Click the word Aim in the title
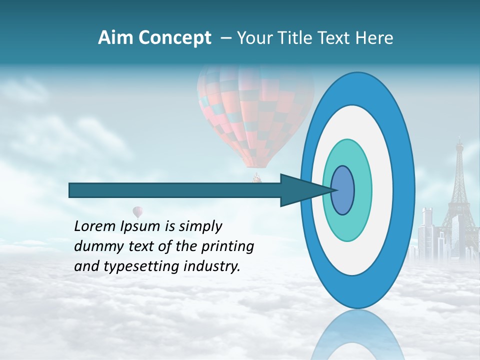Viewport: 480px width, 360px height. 115,38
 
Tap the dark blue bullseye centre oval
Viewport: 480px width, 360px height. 343,190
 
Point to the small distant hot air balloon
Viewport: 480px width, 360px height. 137,211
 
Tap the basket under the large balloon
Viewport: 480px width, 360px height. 257,177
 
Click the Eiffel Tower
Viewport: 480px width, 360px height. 459,190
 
